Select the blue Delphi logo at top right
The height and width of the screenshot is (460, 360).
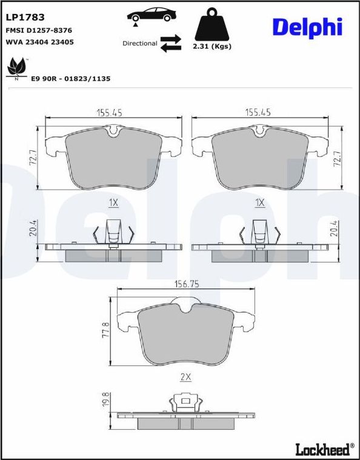coord(307,27)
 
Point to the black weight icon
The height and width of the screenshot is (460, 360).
coord(212,25)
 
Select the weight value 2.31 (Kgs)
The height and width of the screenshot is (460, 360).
coord(212,46)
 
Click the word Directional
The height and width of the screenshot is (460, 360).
coord(139,44)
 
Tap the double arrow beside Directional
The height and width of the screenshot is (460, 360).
coord(171,44)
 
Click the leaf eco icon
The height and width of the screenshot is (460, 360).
coord(16,68)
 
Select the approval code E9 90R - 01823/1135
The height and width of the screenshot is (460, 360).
coord(70,79)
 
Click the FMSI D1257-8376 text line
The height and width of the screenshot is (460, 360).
coord(39,30)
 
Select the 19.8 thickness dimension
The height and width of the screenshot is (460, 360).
coord(106,401)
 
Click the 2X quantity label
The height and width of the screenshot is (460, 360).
coord(186,376)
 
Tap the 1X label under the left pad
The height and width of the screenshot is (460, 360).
coord(113,202)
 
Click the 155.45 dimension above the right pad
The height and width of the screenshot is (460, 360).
coord(258,112)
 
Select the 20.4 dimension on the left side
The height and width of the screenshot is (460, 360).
coord(34,229)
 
